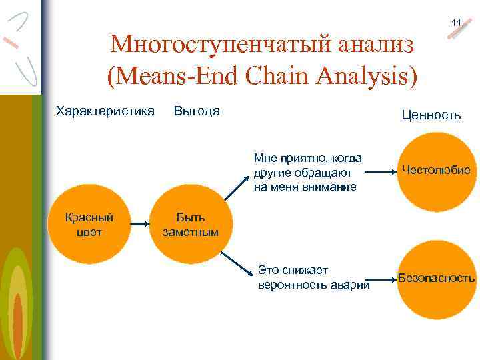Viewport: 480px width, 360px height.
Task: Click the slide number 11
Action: tap(456, 23)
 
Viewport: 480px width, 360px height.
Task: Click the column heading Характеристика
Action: tap(105, 111)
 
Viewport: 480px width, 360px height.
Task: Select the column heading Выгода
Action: tap(197, 111)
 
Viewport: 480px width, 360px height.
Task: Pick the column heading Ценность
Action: tap(431, 115)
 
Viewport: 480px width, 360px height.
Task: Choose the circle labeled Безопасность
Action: tap(436, 278)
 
